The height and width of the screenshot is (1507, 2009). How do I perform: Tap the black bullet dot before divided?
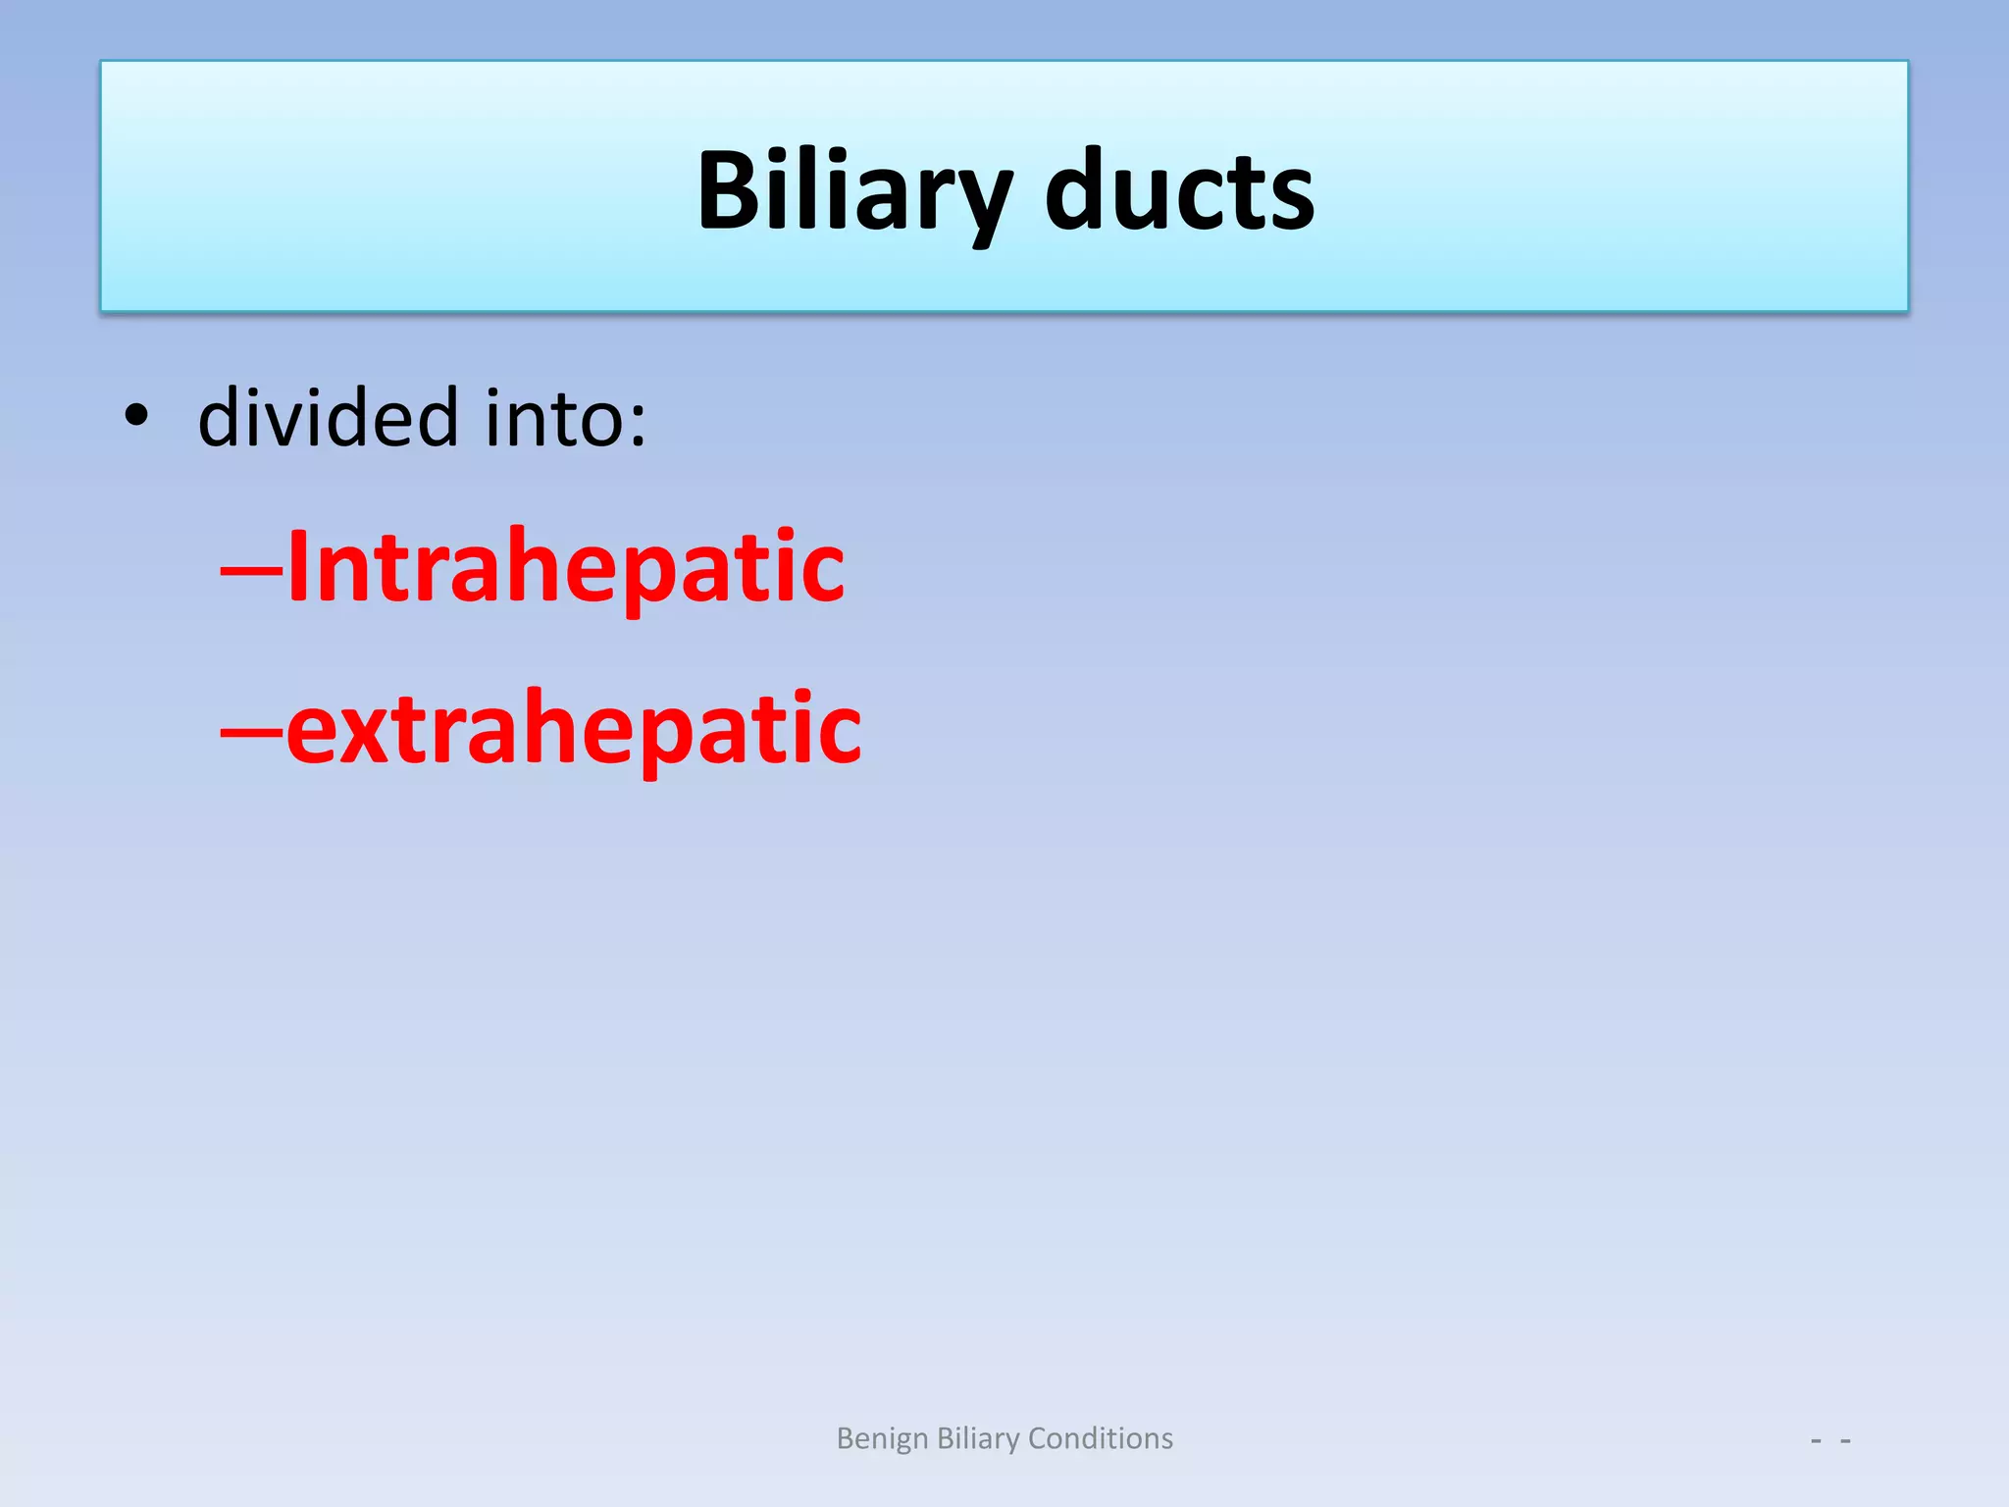pos(136,417)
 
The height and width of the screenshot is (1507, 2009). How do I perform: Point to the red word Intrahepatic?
pos(565,567)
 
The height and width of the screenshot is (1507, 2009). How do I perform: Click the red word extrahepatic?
pos(573,728)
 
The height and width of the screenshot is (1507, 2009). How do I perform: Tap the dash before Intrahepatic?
pos(251,569)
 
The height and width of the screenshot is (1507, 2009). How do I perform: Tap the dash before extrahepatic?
pos(251,730)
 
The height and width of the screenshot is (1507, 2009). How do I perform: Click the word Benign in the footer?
pos(881,1438)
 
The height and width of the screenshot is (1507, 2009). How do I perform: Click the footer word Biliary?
pos(978,1438)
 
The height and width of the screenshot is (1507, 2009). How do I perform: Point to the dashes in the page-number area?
pos(1830,1441)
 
